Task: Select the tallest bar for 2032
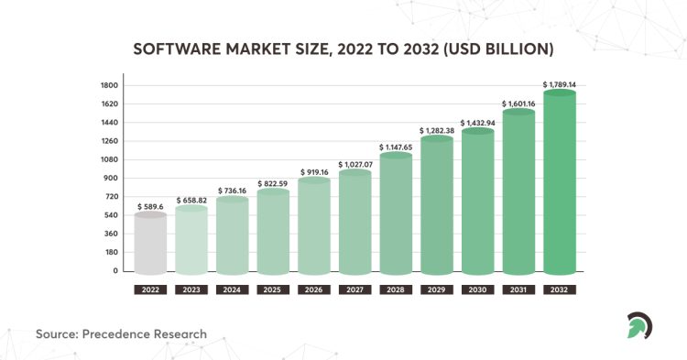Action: [559, 183]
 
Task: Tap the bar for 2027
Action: [355, 223]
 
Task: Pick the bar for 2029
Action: [437, 205]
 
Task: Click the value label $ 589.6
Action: [151, 207]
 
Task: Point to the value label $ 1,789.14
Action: [559, 84]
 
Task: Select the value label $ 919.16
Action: [314, 171]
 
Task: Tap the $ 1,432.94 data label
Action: [477, 123]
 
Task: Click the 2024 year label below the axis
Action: [233, 289]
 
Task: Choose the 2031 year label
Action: [518, 289]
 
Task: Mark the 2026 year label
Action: [314, 289]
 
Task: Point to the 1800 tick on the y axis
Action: [110, 85]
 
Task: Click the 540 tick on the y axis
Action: [110, 215]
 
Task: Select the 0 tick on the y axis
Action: [116, 271]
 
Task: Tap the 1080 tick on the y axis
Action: [110, 159]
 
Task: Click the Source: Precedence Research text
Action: [121, 333]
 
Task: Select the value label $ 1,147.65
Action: [396, 147]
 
